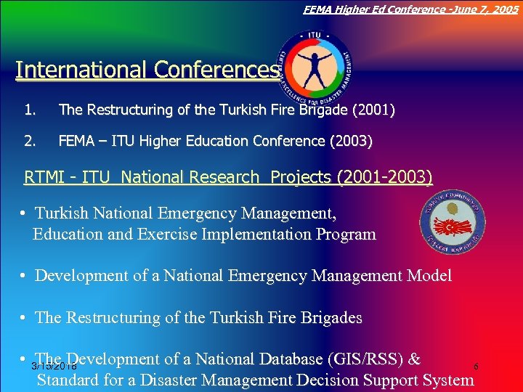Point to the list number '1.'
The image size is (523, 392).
(x=30, y=110)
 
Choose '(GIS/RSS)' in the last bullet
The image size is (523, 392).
(x=366, y=359)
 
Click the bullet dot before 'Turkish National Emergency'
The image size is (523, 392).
(x=25, y=214)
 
